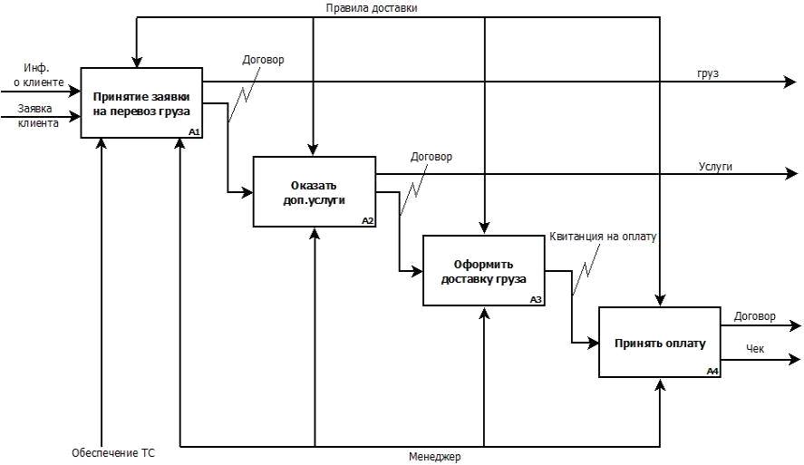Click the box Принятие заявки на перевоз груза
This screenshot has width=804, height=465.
click(140, 102)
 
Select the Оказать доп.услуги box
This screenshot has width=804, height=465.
click(314, 191)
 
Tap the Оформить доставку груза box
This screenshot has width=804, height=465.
click(484, 270)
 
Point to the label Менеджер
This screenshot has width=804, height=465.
click(434, 457)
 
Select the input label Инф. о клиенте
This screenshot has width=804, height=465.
click(38, 75)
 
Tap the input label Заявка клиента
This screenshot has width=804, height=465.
click(38, 116)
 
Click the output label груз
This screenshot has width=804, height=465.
click(708, 73)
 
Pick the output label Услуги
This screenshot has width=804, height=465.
click(715, 166)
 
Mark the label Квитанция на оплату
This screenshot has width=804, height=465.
click(603, 237)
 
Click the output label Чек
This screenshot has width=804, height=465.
click(755, 347)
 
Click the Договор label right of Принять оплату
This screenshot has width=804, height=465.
click(754, 316)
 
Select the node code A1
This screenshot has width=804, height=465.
click(193, 132)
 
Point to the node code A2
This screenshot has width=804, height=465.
click(367, 221)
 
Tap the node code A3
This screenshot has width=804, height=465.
click(537, 299)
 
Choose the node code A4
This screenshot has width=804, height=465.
click(712, 371)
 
